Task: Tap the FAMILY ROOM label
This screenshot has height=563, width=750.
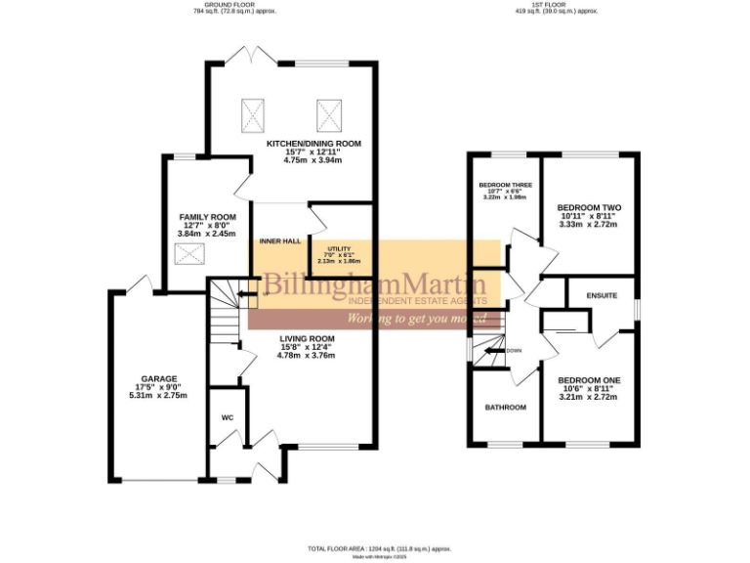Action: point(207,216)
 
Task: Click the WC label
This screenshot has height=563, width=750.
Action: point(227,417)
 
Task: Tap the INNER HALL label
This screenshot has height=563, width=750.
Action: point(277,240)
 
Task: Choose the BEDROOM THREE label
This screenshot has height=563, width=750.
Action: point(504,185)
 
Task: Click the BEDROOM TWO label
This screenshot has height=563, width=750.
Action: point(589,207)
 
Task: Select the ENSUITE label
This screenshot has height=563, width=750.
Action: point(602,295)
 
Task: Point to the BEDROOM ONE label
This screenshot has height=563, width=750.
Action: point(589,379)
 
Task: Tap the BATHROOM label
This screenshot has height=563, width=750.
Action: point(506,407)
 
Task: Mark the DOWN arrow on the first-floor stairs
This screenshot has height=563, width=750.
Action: point(502,350)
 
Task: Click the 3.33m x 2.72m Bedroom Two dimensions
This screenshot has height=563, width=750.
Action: point(589,225)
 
